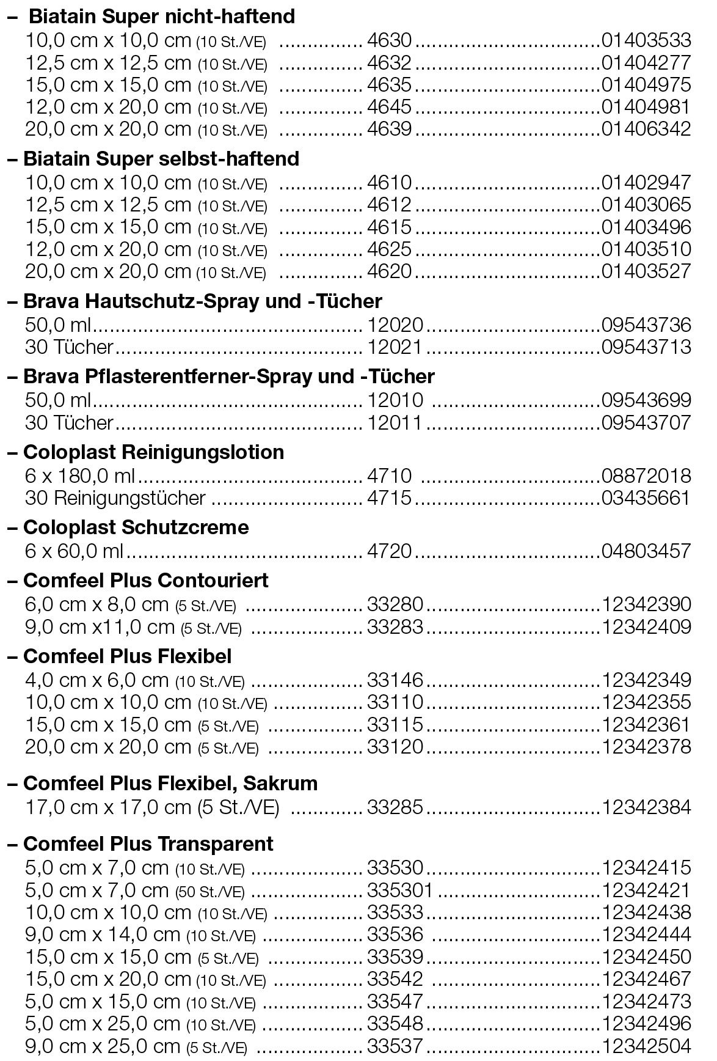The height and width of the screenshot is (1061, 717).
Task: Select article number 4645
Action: [x=389, y=107]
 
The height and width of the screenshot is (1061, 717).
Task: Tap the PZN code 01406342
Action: [x=646, y=129]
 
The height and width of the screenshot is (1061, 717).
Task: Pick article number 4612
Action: [x=389, y=204]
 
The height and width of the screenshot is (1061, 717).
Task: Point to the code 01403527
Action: [x=646, y=271]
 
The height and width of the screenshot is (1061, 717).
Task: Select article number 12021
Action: [x=395, y=347]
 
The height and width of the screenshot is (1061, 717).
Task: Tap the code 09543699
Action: [x=646, y=400]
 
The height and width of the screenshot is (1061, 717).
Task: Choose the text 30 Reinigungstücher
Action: [x=115, y=498]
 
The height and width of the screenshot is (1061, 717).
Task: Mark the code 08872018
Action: [x=646, y=475]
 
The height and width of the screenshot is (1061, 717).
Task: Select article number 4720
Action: [x=389, y=551]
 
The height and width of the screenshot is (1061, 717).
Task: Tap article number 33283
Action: [x=395, y=626]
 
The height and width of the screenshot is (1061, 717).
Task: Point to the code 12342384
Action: [x=646, y=807]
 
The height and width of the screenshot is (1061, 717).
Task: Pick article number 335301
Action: [x=399, y=890]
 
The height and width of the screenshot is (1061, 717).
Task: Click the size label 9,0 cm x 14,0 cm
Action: [x=103, y=934]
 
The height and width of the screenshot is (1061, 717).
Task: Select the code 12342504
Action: [x=646, y=1046]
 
